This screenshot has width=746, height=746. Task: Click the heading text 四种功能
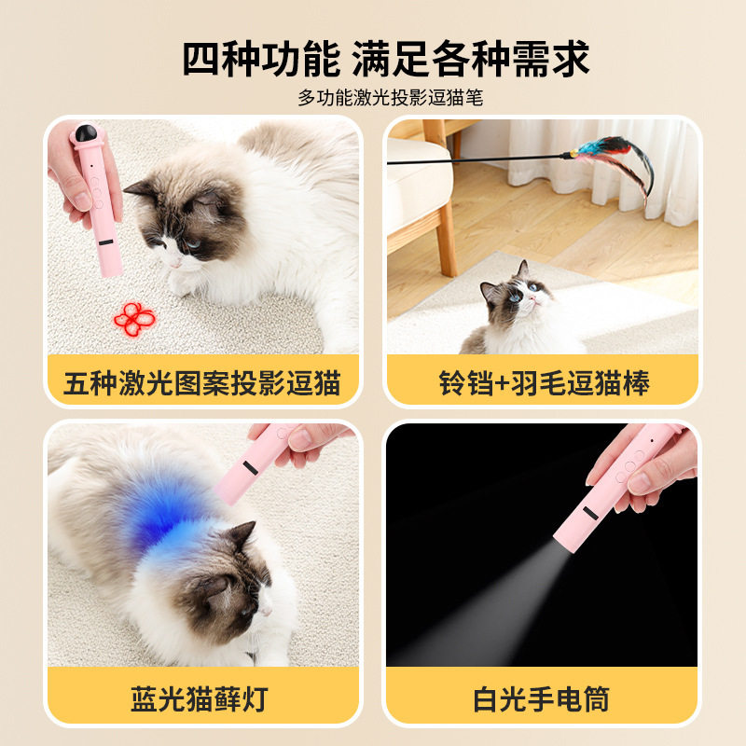pos(262,59)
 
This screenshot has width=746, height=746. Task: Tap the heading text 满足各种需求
pos(471,59)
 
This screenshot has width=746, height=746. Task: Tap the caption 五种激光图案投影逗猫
pos(202,382)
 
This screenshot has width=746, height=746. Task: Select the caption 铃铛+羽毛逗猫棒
pos(544,382)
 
